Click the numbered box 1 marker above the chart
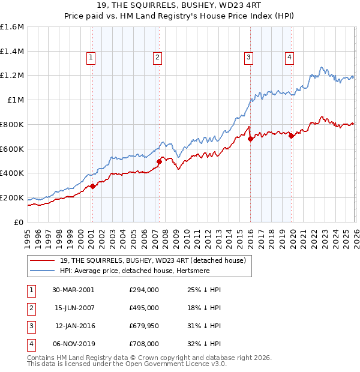[91, 58]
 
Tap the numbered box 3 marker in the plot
[248, 58]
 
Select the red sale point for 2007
[159, 161]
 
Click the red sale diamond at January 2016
[250, 139]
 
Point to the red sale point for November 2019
[291, 136]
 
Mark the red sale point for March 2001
[93, 186]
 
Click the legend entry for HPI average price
[137, 271]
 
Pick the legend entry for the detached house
[152, 260]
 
